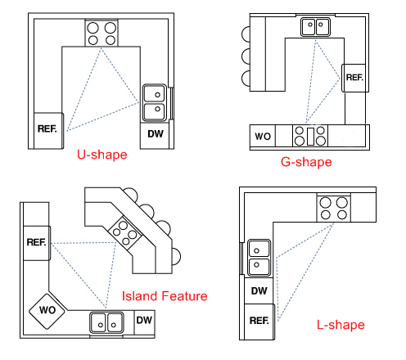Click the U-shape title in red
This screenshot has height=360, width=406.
click(102, 155)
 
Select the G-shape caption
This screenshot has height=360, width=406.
click(306, 162)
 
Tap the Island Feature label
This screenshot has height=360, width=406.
click(165, 296)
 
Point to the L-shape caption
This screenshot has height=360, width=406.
click(341, 325)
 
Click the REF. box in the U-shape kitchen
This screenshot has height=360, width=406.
click(48, 131)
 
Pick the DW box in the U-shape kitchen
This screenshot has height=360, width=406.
click(155, 136)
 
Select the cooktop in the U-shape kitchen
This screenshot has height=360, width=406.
click(101, 33)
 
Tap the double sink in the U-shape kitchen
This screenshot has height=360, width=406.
click(155, 103)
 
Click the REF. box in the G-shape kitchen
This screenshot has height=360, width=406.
click(354, 78)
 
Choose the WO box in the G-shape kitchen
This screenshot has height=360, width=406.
click(263, 136)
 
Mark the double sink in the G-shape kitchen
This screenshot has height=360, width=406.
click(315, 27)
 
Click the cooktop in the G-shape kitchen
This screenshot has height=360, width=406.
click(310, 136)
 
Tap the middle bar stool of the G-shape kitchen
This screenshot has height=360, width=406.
click(246, 56)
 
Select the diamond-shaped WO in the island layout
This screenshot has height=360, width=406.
click(47, 311)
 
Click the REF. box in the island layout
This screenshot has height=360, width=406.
click(37, 243)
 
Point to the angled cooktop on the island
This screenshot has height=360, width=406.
click(125, 233)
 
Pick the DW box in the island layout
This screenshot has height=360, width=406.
click(144, 322)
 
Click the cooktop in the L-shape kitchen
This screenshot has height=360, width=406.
click(334, 208)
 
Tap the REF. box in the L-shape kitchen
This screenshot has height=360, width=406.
click(259, 322)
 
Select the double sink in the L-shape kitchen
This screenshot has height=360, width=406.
click(259, 258)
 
